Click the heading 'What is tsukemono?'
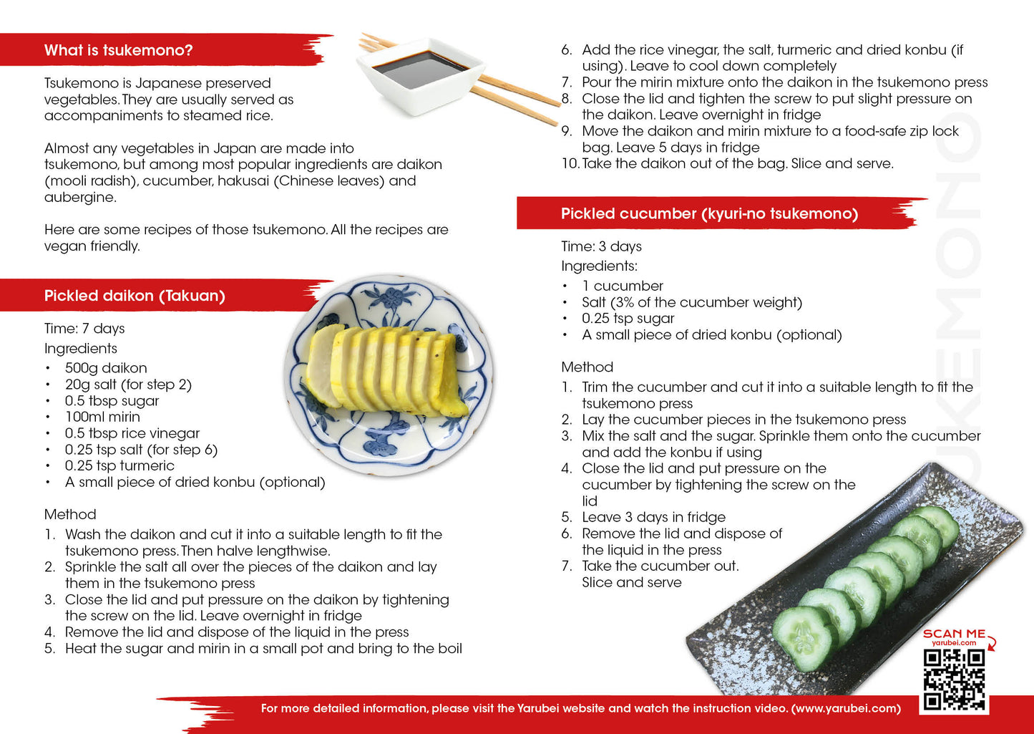click(119, 51)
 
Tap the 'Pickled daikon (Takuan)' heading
click(135, 296)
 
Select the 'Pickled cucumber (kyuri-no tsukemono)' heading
click(709, 214)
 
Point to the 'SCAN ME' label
click(954, 634)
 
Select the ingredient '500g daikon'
click(106, 368)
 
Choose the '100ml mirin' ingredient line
click(102, 417)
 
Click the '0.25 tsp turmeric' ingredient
click(120, 466)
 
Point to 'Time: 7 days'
click(84, 329)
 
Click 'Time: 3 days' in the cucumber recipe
click(601, 246)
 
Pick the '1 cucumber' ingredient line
click(623, 286)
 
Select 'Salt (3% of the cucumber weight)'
click(692, 302)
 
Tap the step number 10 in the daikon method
click(570, 164)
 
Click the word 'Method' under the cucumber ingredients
click(587, 367)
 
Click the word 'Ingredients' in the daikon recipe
click(81, 349)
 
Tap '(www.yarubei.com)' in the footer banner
click(846, 709)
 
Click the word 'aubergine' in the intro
click(79, 198)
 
